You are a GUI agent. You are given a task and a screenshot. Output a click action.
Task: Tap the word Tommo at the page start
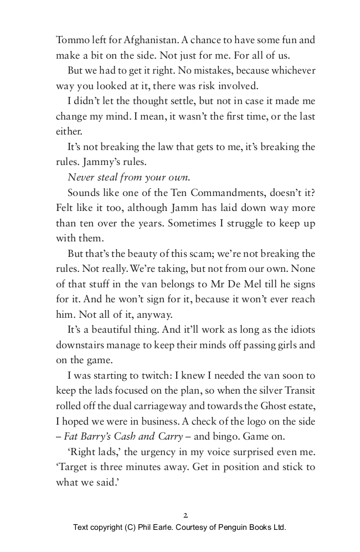pos(70,40)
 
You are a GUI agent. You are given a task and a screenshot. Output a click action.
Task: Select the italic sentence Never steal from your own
pos(128,178)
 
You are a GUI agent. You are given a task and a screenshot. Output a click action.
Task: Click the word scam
pos(223,254)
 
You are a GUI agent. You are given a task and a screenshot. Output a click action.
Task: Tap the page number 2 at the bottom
pos(185,514)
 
